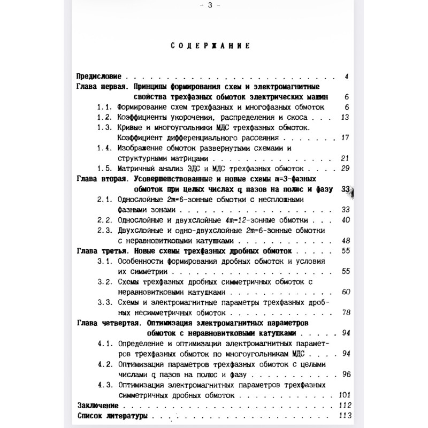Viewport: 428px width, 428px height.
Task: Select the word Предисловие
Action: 100,77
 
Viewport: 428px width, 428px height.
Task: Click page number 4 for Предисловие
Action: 347,77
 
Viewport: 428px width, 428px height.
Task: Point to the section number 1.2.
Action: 104,117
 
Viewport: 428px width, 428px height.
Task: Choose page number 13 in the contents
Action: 345,117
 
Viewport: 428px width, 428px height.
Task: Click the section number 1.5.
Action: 104,169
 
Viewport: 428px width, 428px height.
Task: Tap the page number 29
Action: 345,169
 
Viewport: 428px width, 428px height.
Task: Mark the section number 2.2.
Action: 104,220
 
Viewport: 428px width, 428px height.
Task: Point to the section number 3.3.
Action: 104,302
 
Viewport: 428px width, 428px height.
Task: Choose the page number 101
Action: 344,395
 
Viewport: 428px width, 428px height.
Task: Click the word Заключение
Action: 97,405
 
